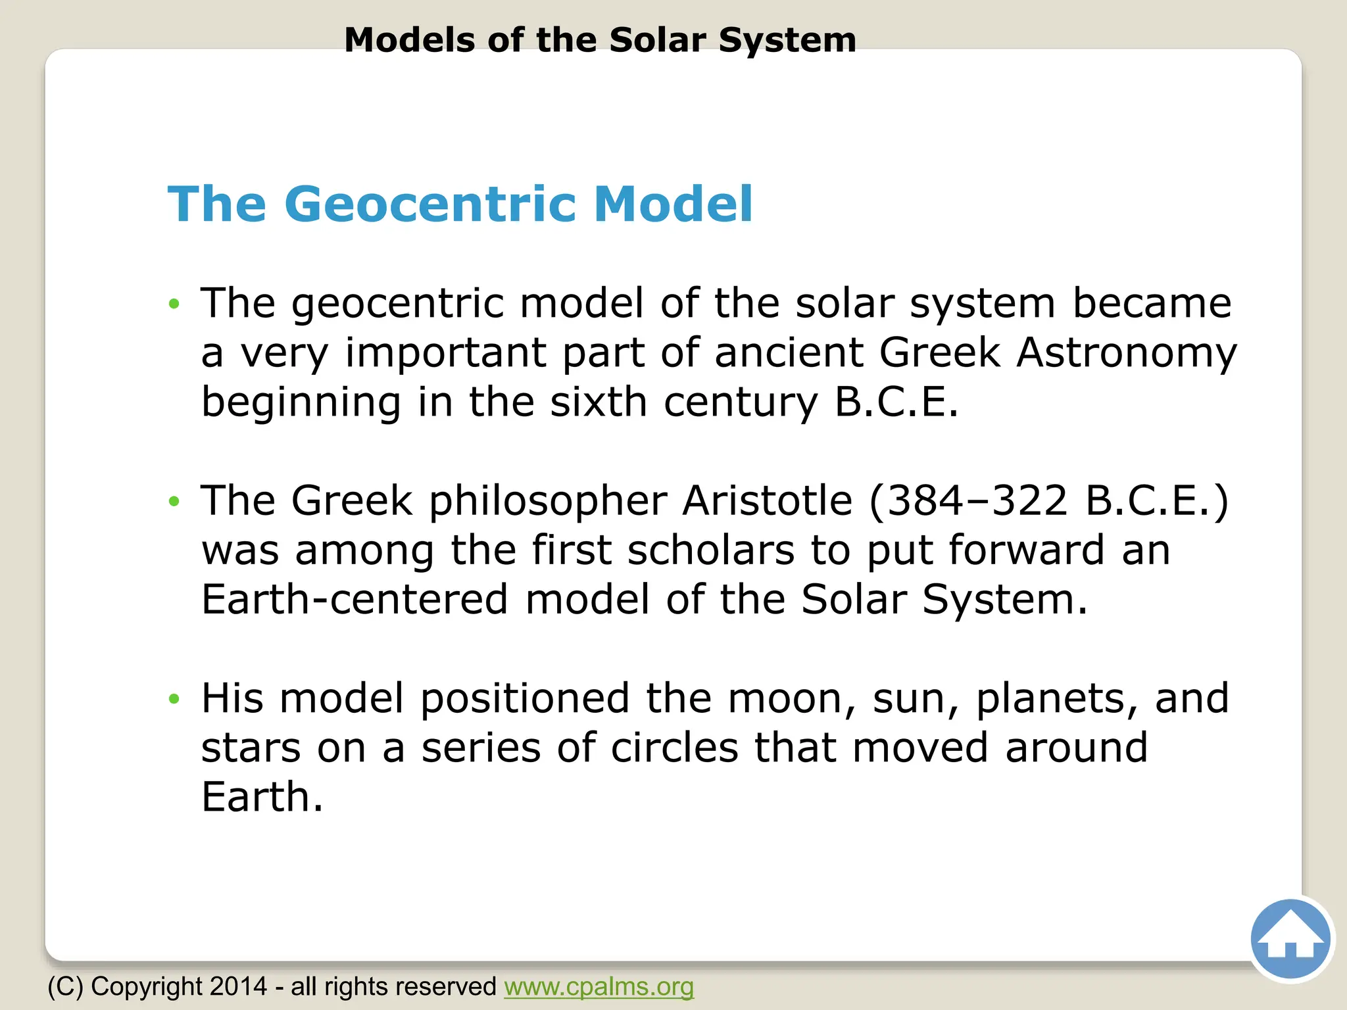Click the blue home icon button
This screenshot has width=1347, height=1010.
[x=1290, y=939]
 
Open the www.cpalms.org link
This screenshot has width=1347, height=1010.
[x=599, y=987]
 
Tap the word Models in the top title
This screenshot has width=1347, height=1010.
[x=409, y=40]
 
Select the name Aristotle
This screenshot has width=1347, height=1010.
[x=768, y=500]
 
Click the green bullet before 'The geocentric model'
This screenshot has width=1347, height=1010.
[x=174, y=304]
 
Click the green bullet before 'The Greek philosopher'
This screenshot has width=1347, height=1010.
[x=174, y=502]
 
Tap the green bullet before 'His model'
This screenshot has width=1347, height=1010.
[x=174, y=699]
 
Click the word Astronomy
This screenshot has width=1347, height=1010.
[x=1127, y=352]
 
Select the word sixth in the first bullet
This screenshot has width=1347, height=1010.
[x=599, y=402]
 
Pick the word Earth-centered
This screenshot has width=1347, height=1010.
[x=355, y=600]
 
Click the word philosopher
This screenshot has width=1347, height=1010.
[x=548, y=502]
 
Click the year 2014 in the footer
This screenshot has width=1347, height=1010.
[x=239, y=987]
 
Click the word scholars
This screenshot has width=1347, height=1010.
[x=710, y=550]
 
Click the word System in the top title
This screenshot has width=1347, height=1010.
[x=787, y=40]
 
